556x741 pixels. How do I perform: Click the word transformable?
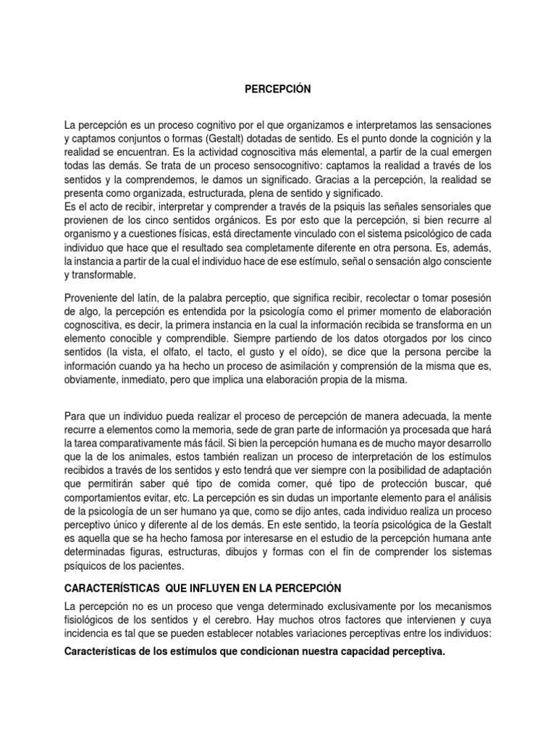pos(103,276)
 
